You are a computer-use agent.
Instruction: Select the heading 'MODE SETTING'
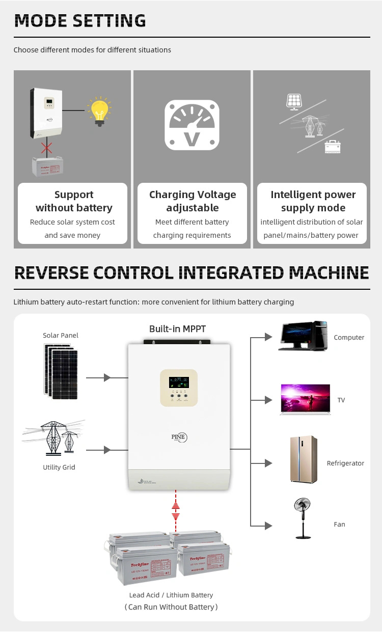coord(80,20)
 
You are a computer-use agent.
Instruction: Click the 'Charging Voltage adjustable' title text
coord(193,201)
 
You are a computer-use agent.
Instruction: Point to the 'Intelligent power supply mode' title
coord(313,201)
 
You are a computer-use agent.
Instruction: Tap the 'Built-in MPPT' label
coord(177,329)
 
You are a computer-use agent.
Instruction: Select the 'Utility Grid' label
coord(59,467)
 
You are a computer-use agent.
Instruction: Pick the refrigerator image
coord(303,458)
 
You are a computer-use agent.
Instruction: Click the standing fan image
coord(304,518)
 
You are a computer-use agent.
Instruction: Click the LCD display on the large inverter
coord(179,382)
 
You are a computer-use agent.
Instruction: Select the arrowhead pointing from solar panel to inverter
coord(107,378)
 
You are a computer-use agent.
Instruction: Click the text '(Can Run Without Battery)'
coord(171,607)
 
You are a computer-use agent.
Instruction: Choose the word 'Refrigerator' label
coord(345,463)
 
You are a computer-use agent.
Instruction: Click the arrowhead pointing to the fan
coord(269,525)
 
